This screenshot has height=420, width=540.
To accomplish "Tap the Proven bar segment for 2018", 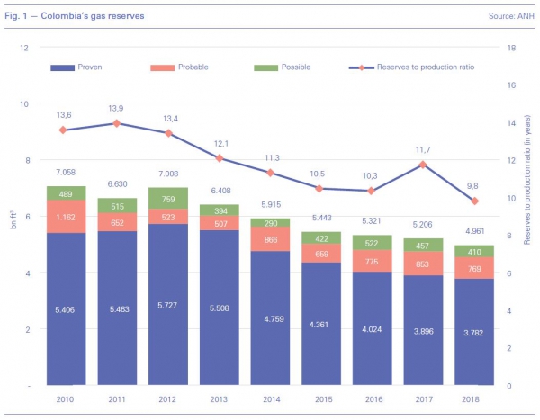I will coord(474,332).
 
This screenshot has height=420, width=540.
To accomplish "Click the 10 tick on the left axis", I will coord(24,103).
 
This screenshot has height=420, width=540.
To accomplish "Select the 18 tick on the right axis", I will coord(508,47).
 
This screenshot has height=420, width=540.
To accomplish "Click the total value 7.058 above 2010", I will coord(66,171).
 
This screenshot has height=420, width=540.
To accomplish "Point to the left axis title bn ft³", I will coord(13,217).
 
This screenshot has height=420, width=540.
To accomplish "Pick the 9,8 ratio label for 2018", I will coord(474,186).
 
